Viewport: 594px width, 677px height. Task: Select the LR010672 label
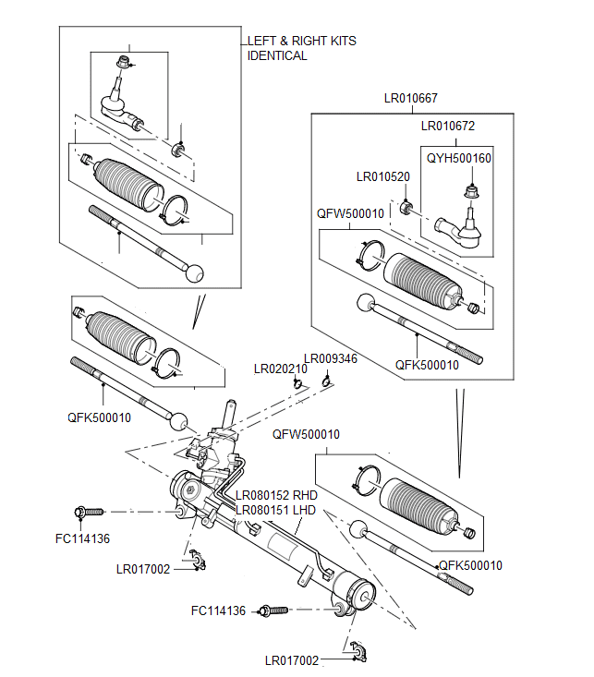point(448,126)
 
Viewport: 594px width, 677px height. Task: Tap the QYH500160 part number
point(458,159)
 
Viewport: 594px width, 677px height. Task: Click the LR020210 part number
point(280,369)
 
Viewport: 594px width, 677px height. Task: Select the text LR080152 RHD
point(278,494)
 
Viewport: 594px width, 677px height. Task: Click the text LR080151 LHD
point(276,509)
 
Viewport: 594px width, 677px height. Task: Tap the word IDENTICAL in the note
point(277,55)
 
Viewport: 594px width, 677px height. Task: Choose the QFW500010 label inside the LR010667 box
point(350,213)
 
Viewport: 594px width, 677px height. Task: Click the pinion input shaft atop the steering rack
point(228,410)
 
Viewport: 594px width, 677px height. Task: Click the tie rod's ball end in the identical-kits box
point(194,273)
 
